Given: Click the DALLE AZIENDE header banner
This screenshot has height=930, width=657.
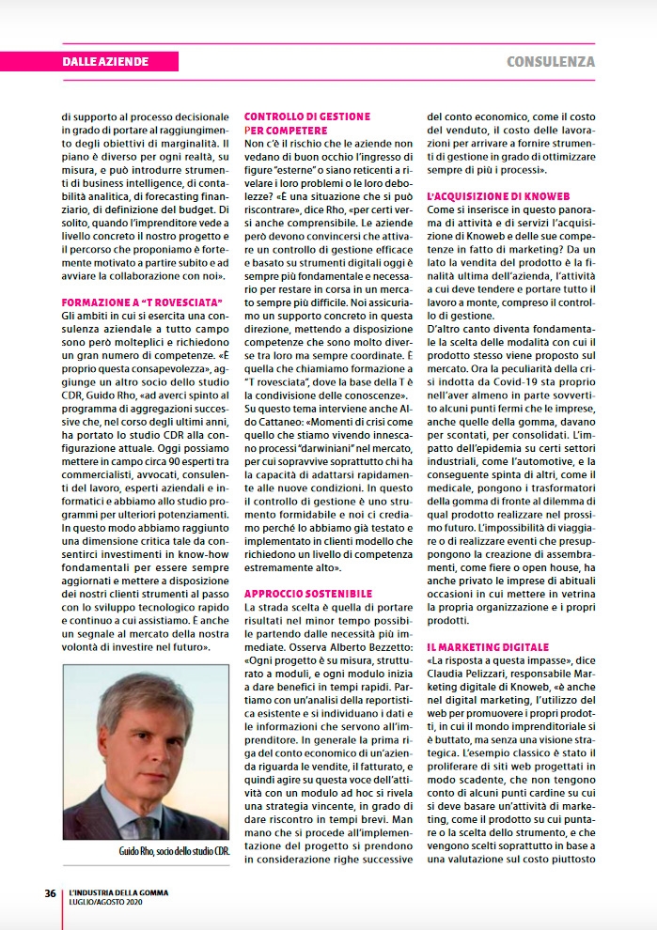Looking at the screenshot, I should click(105, 62).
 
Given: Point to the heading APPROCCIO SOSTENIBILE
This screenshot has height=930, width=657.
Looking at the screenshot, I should click(307, 594).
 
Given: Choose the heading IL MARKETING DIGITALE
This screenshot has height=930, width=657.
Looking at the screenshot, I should click(487, 648).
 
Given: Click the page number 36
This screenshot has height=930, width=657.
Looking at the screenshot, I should click(50, 892).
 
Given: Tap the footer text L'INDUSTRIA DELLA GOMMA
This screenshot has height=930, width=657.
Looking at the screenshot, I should click(118, 892).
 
